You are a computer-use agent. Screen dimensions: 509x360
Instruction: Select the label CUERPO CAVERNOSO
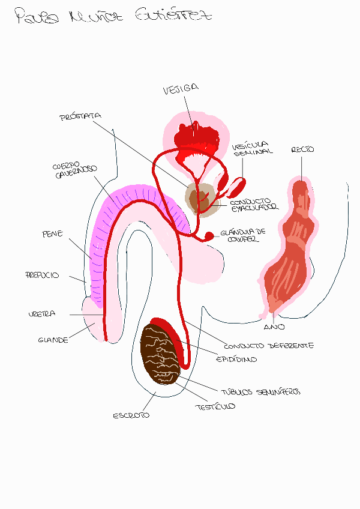coord(74,171)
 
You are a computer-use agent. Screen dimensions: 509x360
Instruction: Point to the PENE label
coord(52,234)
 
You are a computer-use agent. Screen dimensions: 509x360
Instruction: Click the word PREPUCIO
coord(42,275)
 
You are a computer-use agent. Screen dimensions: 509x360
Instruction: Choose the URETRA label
coord(41,314)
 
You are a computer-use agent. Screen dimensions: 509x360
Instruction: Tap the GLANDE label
coord(53,340)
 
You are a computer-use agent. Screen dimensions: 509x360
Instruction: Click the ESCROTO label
coord(131,415)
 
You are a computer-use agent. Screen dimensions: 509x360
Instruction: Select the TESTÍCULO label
coord(214,406)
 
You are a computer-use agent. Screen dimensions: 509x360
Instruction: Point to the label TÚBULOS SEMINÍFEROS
coord(260,391)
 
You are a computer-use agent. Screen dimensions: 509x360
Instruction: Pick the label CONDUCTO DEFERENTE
coord(269,346)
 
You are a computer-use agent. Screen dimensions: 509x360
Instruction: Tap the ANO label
coord(274,327)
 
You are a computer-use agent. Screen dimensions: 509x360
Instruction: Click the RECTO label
coord(302,149)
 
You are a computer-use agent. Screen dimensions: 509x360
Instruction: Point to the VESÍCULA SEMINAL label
coord(251,149)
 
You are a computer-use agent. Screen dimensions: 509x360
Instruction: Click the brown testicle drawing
coord(161,354)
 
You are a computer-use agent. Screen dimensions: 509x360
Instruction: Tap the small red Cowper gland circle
coord(209,235)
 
